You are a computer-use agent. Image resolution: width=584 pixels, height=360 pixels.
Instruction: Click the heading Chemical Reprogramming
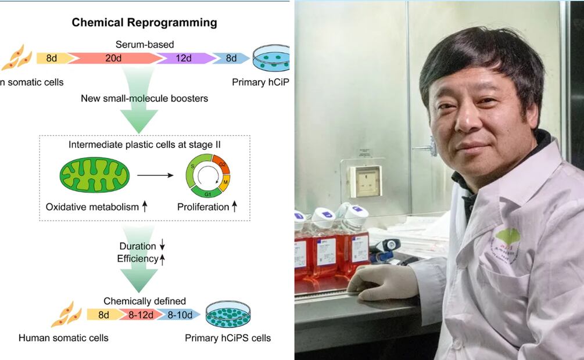[x=144, y=23]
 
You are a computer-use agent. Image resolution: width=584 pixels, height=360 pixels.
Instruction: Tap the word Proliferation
[x=203, y=207]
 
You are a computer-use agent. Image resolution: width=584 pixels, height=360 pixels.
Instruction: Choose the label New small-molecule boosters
[x=145, y=98]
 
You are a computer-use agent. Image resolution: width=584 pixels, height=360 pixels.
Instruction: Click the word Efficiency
[x=138, y=259]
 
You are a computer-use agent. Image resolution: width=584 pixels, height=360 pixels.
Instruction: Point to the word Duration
[x=138, y=246]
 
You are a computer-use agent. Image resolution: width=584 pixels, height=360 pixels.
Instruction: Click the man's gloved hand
[x=380, y=283]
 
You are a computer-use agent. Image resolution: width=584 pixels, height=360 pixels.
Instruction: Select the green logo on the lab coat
[x=507, y=238]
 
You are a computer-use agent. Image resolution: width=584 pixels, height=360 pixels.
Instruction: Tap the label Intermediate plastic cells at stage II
[x=144, y=146]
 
